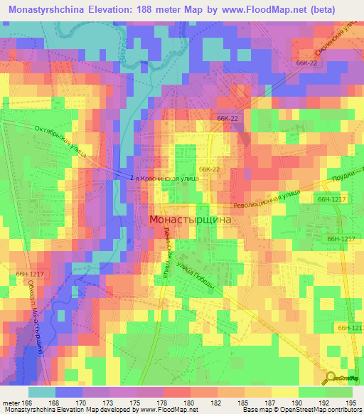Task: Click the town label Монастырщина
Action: (191, 221)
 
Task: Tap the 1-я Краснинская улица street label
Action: (166, 179)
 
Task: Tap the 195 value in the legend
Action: (352, 402)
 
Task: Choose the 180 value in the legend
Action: (189, 402)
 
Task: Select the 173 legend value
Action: (108, 402)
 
